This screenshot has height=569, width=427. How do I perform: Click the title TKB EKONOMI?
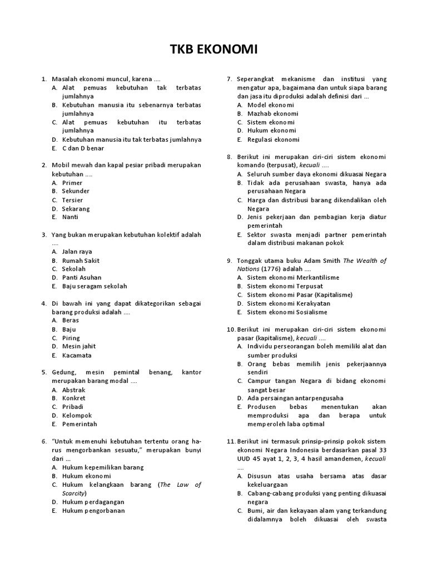point(213,51)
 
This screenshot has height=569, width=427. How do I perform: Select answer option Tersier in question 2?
point(72,200)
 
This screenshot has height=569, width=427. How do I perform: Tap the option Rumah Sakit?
point(81,260)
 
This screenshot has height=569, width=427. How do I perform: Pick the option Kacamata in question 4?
point(77,355)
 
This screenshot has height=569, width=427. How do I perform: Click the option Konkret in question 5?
point(74,398)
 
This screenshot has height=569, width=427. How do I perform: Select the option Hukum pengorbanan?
point(93,511)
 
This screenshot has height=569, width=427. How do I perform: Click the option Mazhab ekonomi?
point(273,113)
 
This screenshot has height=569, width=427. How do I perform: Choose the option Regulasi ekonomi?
point(274,139)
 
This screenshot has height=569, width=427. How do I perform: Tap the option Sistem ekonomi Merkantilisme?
point(293,278)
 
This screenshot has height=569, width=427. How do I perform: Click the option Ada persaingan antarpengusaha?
point(295,398)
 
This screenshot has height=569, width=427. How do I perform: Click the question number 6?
point(43,441)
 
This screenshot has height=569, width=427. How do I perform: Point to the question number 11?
point(231,441)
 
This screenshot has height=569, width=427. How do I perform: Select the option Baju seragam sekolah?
point(95,286)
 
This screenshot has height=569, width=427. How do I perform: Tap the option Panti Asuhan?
point(81,277)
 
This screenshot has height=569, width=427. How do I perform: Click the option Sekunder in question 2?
point(76,191)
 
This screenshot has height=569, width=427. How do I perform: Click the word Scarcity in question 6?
point(73,493)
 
